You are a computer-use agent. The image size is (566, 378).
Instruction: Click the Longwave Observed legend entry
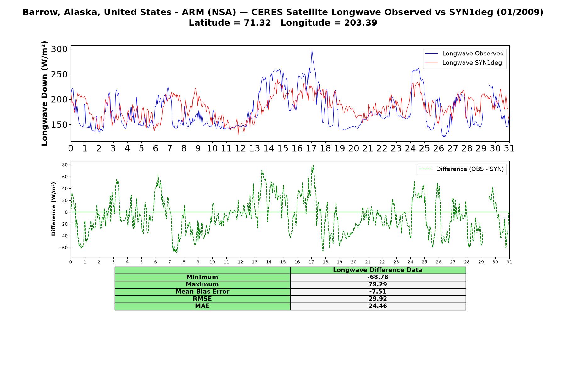[x=464, y=54]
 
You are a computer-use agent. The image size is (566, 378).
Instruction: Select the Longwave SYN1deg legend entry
[x=463, y=63]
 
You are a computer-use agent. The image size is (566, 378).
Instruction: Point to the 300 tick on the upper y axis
[x=59, y=49]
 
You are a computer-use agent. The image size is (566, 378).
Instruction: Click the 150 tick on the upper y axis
[x=59, y=125]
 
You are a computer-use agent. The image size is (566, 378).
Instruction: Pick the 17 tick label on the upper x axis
[x=311, y=148]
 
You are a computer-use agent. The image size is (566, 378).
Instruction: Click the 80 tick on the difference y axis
[x=65, y=165]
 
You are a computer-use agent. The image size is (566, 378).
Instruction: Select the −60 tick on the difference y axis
[x=64, y=248]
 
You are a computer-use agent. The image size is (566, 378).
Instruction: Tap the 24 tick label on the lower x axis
[x=410, y=262]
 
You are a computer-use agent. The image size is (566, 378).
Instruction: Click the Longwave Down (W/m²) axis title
[x=45, y=93]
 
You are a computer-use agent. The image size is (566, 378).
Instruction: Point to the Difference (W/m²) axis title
[x=54, y=209]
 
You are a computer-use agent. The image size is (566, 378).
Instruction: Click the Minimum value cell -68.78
[x=378, y=277]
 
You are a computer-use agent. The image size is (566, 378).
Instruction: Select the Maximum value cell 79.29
[x=378, y=284]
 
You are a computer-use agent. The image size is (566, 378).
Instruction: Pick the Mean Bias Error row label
[x=202, y=292]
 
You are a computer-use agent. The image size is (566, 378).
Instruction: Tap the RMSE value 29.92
[x=378, y=299]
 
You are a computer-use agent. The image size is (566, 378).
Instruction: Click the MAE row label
[x=202, y=306]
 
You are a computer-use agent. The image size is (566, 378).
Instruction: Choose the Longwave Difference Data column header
[x=378, y=270]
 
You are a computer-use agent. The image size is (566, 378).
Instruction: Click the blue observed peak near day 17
[x=312, y=50]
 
